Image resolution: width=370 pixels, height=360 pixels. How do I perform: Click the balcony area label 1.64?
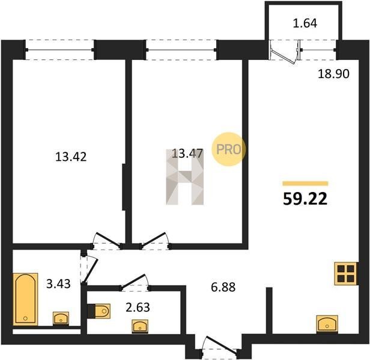(x=305, y=23)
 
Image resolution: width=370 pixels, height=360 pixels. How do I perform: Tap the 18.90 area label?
(x=333, y=74)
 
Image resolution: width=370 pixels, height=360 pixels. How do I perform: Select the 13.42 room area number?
(x=71, y=157)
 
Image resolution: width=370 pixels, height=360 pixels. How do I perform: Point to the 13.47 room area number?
(x=187, y=154)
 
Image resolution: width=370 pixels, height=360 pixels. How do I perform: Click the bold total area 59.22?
(x=305, y=199)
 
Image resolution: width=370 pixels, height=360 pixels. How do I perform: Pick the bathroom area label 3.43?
(x=58, y=284)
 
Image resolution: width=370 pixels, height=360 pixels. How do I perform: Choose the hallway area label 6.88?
(x=223, y=287)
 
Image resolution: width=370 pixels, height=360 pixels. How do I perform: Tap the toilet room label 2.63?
(x=138, y=307)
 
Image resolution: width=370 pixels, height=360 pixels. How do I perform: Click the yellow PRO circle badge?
(x=228, y=149)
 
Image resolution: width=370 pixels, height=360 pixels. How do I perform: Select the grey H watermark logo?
(x=185, y=177)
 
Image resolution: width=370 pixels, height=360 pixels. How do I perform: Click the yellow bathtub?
(x=25, y=299)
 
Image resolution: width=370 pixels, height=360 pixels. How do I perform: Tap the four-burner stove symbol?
(x=346, y=274)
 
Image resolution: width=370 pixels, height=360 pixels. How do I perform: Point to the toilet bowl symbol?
(x=99, y=311)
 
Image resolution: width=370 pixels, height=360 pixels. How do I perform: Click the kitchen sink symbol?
(x=327, y=324)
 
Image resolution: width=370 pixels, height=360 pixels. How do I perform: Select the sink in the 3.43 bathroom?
(x=61, y=319)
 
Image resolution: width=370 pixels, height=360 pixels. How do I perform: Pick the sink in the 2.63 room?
(x=140, y=326)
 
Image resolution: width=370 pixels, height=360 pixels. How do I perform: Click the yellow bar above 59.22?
(x=305, y=184)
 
